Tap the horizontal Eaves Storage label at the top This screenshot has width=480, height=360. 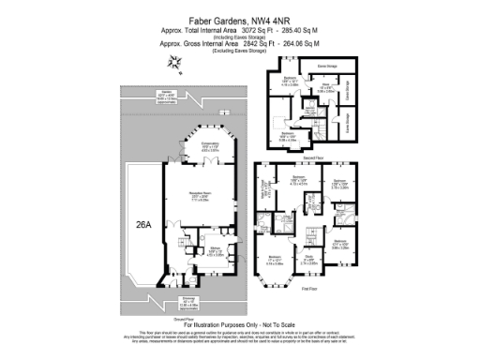point(326,67)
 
